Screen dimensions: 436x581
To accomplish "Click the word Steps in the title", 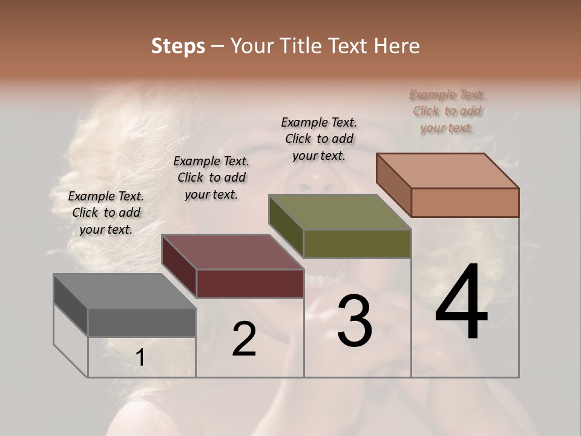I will (x=178, y=46).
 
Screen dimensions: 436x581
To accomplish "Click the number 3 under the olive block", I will (x=354, y=321).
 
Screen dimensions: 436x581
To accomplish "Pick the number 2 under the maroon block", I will (x=244, y=339).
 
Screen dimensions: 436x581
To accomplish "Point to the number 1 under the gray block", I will (x=140, y=358).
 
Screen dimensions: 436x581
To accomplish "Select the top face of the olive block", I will (x=340, y=212).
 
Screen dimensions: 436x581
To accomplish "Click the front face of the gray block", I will (x=142, y=322).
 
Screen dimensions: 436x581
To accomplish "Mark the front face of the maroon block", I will (x=250, y=283).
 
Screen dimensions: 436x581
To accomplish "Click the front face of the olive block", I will (x=357, y=244).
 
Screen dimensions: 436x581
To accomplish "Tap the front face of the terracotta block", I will (x=465, y=202).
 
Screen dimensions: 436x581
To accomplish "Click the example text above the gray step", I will (x=106, y=213).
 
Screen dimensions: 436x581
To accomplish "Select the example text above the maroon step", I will (x=211, y=177).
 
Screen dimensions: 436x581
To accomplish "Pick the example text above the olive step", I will (x=319, y=139).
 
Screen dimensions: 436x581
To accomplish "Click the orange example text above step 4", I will (x=447, y=111).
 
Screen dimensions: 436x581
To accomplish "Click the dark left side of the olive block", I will (x=286, y=225).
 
